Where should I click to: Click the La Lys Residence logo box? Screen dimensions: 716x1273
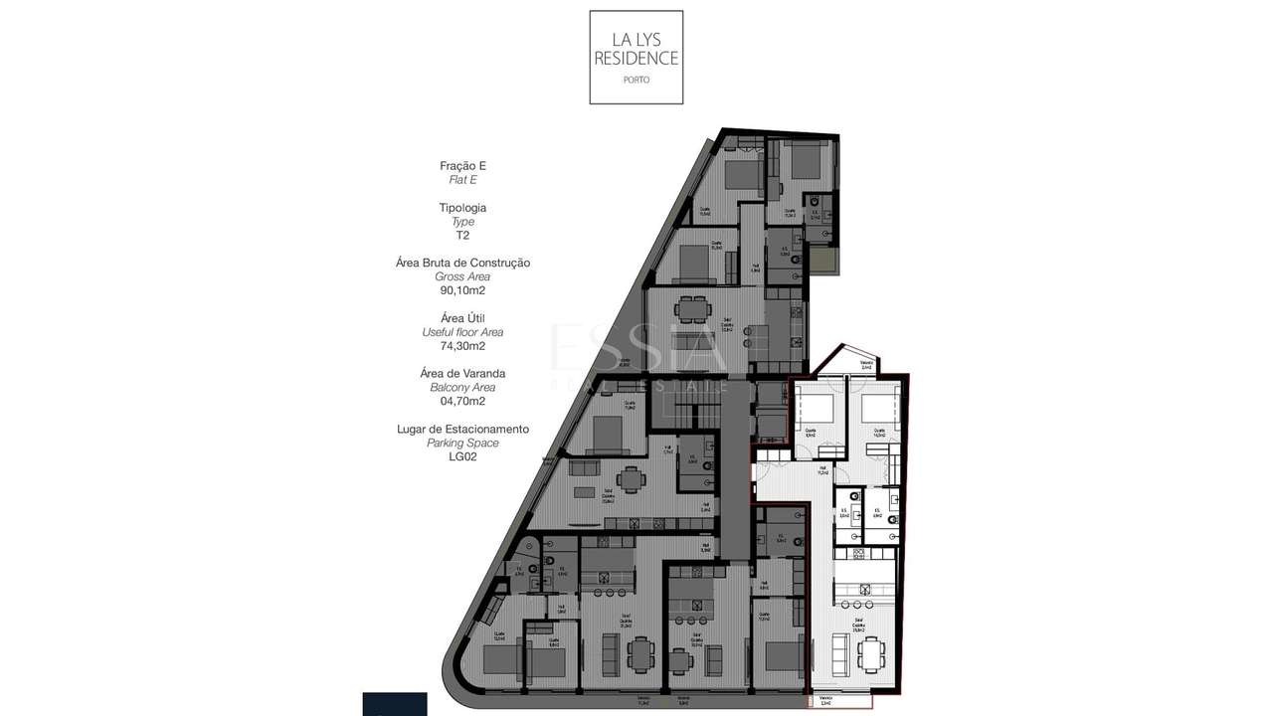636,57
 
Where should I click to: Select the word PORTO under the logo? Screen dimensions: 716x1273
636,80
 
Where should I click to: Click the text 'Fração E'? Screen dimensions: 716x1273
462,166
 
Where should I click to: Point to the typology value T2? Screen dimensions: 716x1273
462,236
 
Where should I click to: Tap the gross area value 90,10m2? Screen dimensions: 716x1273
462,290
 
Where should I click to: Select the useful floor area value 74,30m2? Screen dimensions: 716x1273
462,346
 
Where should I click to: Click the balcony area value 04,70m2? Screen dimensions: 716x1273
462,402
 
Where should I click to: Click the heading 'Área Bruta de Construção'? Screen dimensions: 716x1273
462,263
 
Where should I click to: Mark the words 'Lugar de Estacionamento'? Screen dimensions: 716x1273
462,429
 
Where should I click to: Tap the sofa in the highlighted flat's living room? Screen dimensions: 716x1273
837,655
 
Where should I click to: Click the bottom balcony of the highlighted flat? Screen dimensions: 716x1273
840,700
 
